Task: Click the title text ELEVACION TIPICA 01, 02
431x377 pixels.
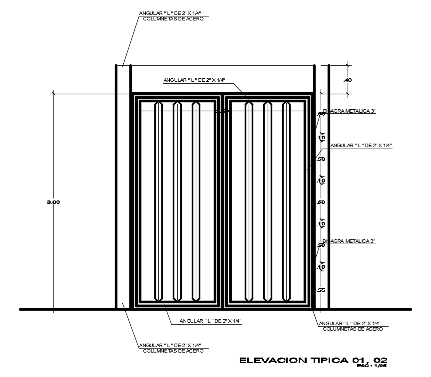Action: click(x=314, y=360)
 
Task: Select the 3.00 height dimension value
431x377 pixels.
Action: click(x=53, y=202)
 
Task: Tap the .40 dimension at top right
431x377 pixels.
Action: click(x=348, y=80)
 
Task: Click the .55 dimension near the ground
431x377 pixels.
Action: click(x=321, y=290)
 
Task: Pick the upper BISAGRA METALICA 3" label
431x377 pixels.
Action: click(x=349, y=112)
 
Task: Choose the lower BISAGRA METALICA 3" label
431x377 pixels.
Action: click(x=349, y=241)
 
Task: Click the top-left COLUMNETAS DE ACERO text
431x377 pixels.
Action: click(x=173, y=19)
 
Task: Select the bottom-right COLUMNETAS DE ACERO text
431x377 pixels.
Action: click(x=353, y=329)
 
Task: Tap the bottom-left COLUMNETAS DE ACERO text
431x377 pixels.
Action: click(x=173, y=351)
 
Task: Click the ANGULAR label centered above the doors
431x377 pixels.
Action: click(x=195, y=80)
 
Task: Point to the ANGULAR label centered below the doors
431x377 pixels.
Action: click(x=211, y=321)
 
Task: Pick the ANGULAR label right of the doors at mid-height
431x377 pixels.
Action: click(x=361, y=146)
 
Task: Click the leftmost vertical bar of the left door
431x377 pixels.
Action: click(x=159, y=201)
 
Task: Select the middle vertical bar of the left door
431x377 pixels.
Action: click(x=177, y=201)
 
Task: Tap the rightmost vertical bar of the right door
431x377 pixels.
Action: click(x=286, y=201)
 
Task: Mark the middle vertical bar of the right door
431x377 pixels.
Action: click(x=268, y=201)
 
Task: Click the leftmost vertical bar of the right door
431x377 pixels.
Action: click(x=249, y=201)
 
